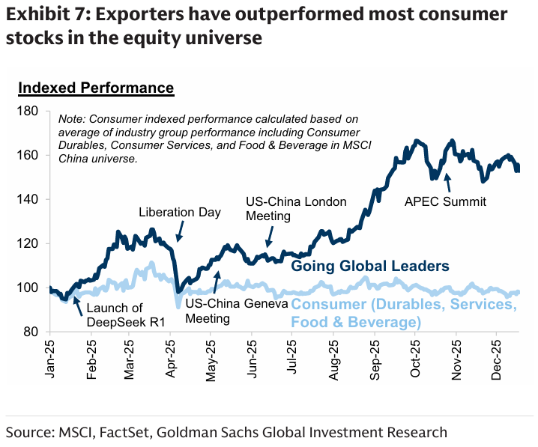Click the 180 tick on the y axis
tap(30, 111)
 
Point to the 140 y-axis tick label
tap(30, 199)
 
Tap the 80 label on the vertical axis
tap(34, 332)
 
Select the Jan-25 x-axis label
tap(52, 360)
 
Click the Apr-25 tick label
tap(170, 360)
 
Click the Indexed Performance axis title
tap(96, 88)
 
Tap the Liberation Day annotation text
tap(180, 213)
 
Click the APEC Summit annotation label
tap(446, 201)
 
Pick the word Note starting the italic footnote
tap(71, 118)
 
